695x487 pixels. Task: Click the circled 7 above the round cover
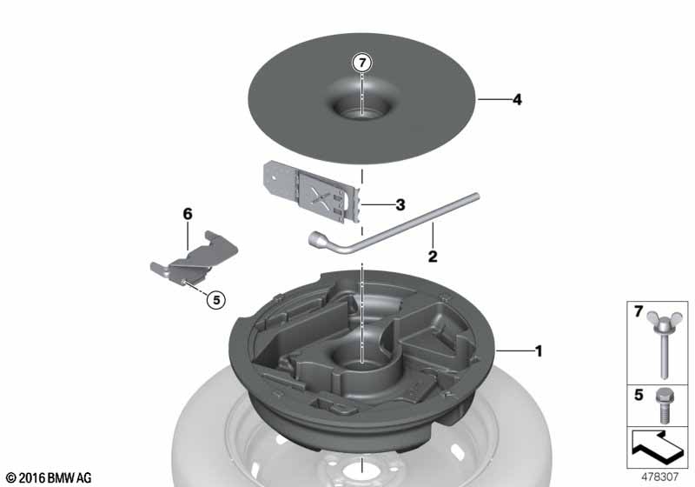click(362, 63)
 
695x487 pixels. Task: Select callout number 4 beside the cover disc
click(517, 100)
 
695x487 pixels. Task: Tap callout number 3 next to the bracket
click(400, 205)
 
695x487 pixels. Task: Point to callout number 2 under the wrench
click(433, 257)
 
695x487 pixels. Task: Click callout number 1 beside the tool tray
click(539, 351)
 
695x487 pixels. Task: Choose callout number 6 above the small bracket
click(188, 214)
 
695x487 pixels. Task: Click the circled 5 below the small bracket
click(216, 300)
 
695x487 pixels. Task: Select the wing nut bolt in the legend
click(664, 344)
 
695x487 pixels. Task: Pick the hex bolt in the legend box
click(663, 406)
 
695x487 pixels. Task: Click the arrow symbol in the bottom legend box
click(658, 449)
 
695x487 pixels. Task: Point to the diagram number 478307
click(659, 477)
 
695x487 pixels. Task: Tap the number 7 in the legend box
click(639, 312)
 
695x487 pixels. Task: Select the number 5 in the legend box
click(639, 394)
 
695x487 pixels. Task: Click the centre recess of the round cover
click(361, 105)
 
